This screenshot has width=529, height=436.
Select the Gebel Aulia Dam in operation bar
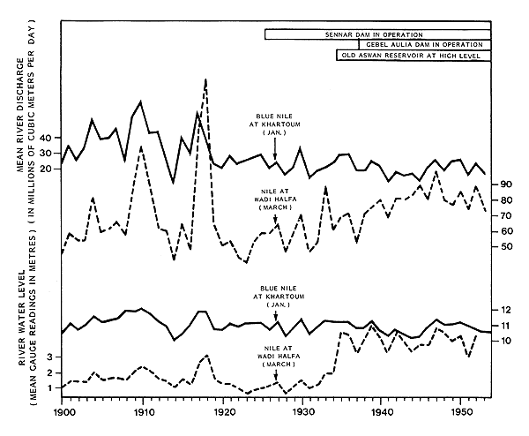pos(419,44)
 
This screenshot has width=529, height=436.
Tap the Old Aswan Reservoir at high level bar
pos(411,56)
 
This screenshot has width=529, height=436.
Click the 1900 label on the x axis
pos(63,412)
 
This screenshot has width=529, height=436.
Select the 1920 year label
pos(223,412)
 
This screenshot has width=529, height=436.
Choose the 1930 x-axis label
pos(302,412)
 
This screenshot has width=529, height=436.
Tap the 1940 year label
pos(382,412)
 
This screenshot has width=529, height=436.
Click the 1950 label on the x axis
pos(461,412)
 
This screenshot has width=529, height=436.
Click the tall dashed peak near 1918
pos(205,80)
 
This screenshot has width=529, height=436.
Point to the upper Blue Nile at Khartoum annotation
pos(275,124)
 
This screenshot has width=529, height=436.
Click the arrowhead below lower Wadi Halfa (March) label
pos(275,380)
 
